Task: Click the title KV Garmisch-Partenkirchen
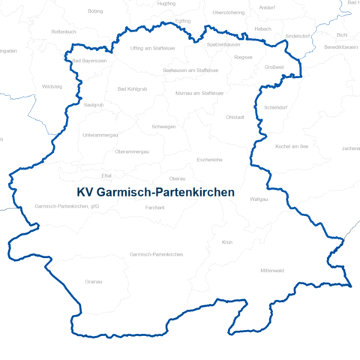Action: [156, 193]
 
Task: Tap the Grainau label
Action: [94, 281]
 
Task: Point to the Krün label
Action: [228, 242]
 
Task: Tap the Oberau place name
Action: [178, 178]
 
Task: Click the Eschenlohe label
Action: [210, 160]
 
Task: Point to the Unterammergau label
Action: [100, 135]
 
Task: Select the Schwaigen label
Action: [163, 127]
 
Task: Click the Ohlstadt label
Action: [235, 117]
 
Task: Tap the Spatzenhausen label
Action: [223, 44]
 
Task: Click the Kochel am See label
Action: [292, 146]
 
